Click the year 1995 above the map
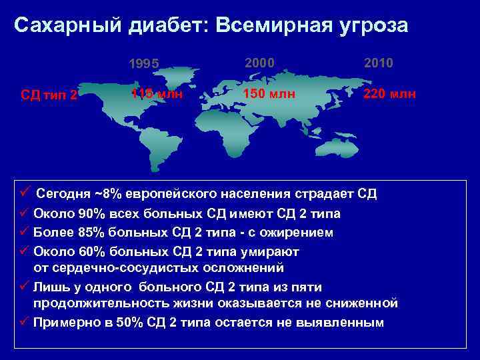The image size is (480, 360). (143, 65)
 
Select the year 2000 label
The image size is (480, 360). (259, 62)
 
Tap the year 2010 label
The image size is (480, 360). (379, 62)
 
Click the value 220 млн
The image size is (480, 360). (389, 93)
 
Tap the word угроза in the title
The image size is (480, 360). (375, 25)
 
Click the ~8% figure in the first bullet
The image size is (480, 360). (107, 194)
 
